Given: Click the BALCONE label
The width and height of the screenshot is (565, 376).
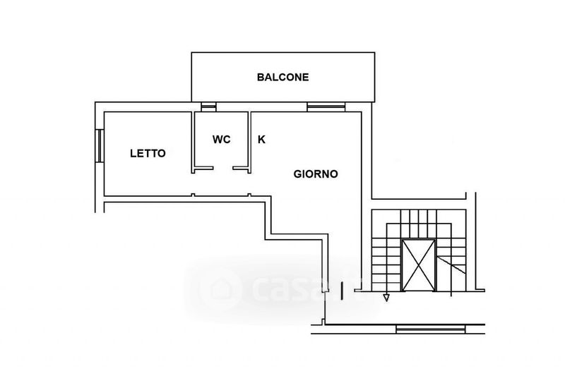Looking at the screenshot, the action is [x=283, y=77].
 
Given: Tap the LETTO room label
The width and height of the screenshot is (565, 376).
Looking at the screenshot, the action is [x=148, y=153].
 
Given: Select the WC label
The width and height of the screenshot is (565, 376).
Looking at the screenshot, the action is [x=221, y=139].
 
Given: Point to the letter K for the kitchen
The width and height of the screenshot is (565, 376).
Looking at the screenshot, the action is [x=261, y=139].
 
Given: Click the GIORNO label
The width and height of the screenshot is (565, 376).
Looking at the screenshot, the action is [x=316, y=174].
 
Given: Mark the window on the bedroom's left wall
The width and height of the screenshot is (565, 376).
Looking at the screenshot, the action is [x=100, y=146].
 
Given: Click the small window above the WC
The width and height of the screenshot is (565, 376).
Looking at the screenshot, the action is [x=208, y=107].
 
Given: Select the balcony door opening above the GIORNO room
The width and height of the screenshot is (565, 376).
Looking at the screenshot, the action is [x=326, y=107].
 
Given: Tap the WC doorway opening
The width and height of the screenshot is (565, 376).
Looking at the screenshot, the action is [x=223, y=168].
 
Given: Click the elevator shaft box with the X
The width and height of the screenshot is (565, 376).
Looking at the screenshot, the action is [x=418, y=265].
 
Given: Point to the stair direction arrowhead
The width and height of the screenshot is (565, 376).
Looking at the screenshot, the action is [x=386, y=298].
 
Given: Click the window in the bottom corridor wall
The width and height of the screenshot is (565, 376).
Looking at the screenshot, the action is [x=430, y=329].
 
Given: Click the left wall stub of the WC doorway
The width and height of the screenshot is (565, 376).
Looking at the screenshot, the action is [x=203, y=168].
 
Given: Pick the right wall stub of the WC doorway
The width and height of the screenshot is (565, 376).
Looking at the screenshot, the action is [x=242, y=168].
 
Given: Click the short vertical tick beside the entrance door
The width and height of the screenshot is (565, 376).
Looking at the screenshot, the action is [x=342, y=291].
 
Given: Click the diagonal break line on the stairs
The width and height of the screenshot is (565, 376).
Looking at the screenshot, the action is [x=451, y=265].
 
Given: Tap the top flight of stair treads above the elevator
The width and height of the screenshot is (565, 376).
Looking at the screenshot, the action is [x=419, y=217].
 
